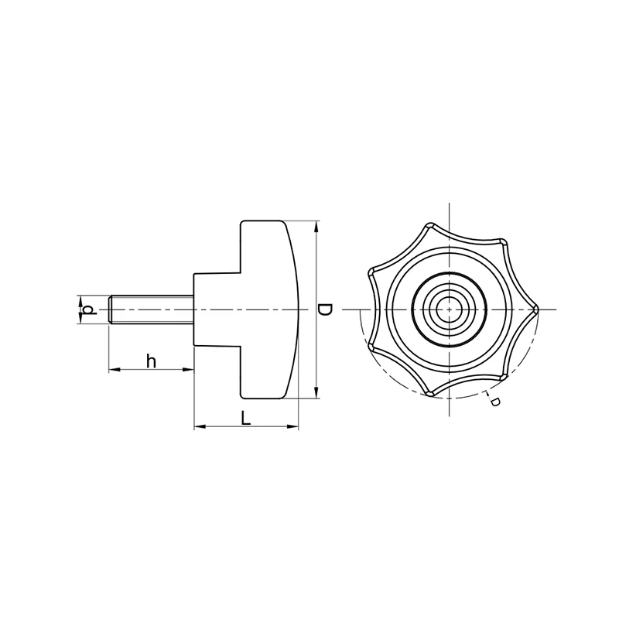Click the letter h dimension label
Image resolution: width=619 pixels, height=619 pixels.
point(151,361)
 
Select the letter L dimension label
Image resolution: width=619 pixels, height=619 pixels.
point(246,418)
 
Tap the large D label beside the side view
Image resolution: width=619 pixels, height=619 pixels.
point(325,309)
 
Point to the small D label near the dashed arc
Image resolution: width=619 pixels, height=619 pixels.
point(495,402)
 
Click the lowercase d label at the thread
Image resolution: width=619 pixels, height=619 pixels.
point(91,309)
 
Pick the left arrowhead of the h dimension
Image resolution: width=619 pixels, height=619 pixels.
point(115,370)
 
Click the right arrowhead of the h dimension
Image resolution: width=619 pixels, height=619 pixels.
point(188,370)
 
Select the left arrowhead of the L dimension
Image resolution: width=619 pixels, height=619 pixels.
point(200,426)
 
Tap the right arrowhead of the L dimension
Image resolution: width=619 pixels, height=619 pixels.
point(292,426)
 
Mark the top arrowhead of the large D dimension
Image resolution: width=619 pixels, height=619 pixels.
point(316,227)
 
